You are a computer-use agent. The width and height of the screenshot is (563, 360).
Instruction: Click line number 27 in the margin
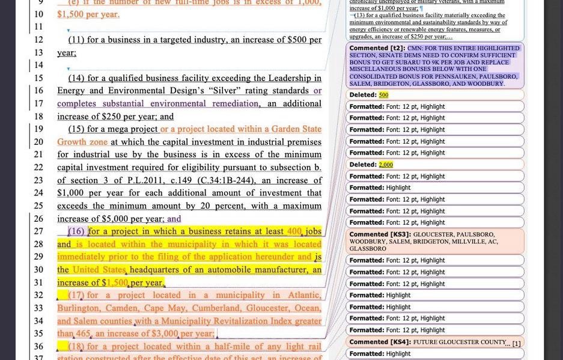tap(38, 231)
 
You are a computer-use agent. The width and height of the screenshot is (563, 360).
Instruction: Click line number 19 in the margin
tap(38, 129)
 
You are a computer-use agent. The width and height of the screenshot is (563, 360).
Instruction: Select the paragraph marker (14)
tap(76, 78)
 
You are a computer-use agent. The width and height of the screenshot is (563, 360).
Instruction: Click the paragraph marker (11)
tap(76, 40)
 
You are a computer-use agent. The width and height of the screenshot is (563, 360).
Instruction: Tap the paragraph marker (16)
tap(76, 231)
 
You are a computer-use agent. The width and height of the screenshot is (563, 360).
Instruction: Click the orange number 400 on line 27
tap(294, 231)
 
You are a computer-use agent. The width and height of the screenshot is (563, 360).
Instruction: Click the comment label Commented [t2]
tap(377, 48)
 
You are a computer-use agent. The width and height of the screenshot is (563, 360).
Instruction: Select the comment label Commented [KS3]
tap(380, 234)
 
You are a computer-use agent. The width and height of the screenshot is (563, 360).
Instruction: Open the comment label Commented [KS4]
tap(380, 342)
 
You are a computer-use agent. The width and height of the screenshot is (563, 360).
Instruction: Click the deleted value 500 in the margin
tap(383, 95)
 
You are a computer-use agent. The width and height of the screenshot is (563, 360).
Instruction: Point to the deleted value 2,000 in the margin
tap(386, 165)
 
